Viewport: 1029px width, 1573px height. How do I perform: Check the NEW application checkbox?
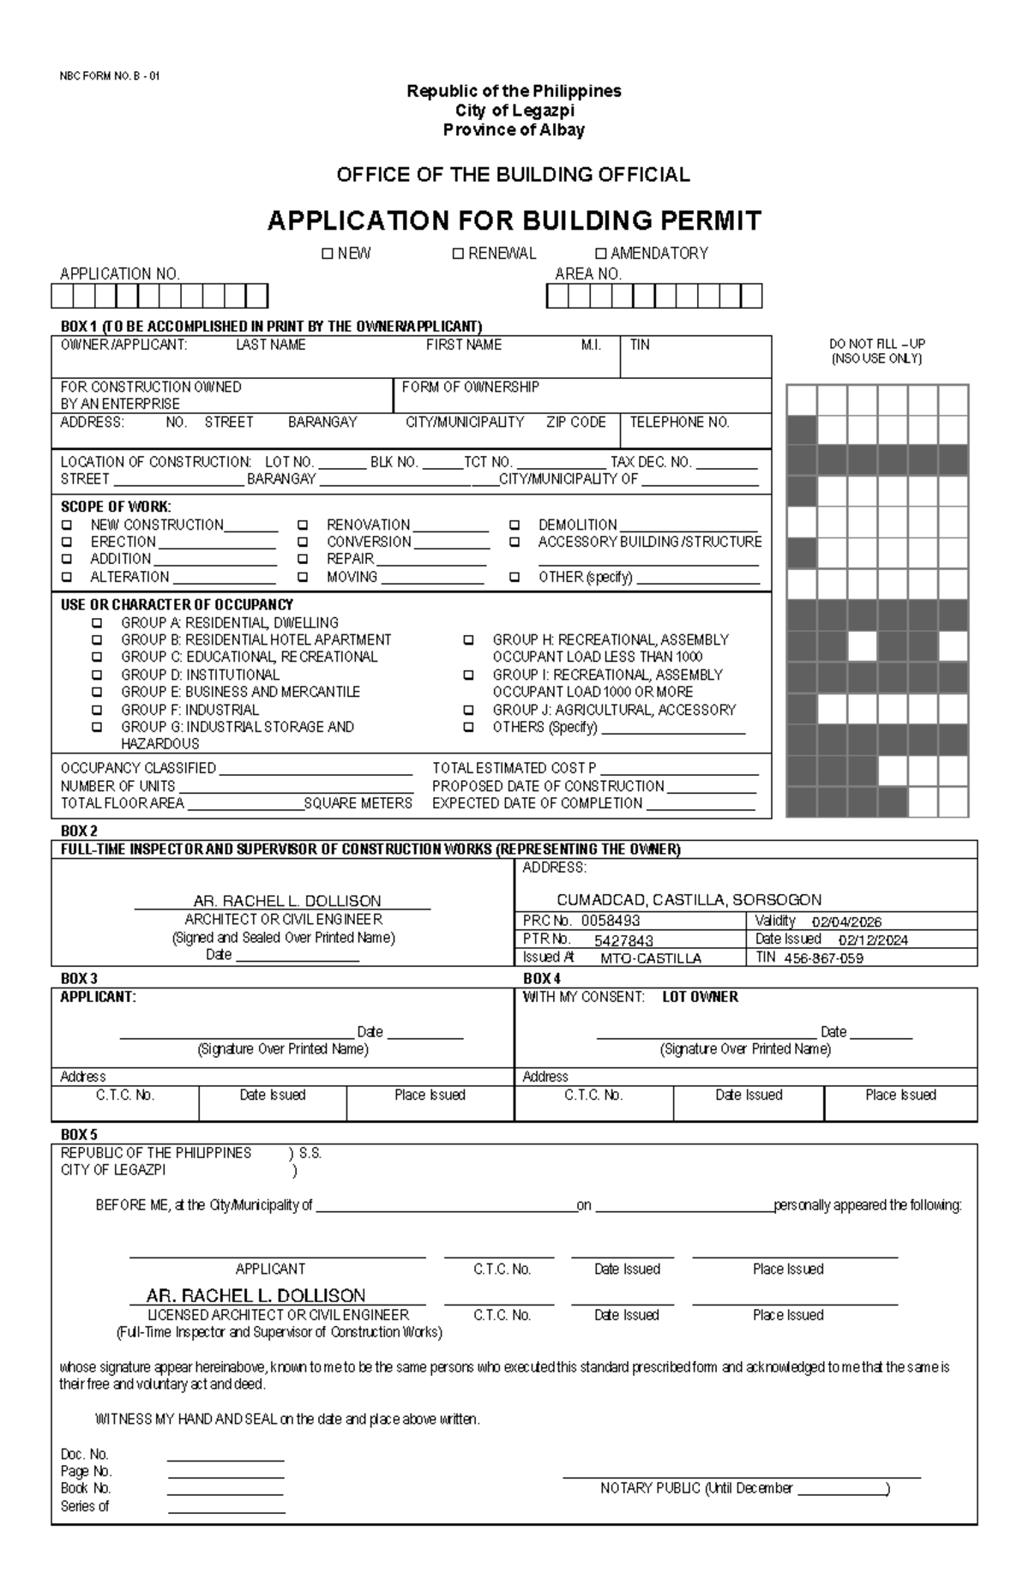[x=327, y=254]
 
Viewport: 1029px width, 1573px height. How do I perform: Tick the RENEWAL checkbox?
[x=458, y=254]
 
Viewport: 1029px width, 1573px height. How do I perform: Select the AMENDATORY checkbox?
[x=600, y=254]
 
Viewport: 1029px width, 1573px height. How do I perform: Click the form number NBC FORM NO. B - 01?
[x=109, y=75]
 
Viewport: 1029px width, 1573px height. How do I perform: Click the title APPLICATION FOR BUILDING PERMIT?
[x=514, y=221]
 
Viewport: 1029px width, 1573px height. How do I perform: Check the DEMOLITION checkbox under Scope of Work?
[x=514, y=525]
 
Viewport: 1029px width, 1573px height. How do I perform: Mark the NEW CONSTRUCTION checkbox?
[x=66, y=525]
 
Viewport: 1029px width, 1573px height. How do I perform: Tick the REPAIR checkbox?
[x=303, y=559]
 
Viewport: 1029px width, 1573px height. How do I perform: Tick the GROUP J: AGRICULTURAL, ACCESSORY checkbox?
[x=468, y=710]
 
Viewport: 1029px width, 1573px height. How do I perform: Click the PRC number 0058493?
[x=611, y=921]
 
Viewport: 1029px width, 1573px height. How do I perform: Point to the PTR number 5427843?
[x=623, y=940]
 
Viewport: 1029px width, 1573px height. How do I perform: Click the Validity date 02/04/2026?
[x=846, y=922]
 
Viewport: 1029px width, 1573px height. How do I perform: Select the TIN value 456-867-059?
[x=823, y=958]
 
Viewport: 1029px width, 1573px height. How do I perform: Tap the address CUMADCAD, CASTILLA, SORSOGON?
[x=689, y=900]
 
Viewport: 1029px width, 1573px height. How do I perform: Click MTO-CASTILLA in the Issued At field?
[x=651, y=958]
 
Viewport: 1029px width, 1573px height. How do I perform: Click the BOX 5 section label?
[x=79, y=1135]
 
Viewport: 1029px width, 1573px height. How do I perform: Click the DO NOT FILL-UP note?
[x=876, y=344]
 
